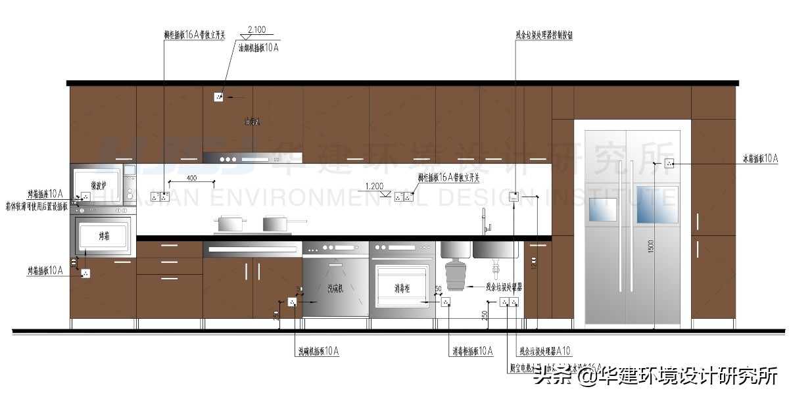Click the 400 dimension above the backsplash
click(x=191, y=178)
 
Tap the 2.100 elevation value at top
click(x=256, y=30)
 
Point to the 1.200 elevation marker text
click(x=374, y=186)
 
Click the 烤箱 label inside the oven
click(x=105, y=235)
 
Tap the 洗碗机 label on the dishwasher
click(x=336, y=288)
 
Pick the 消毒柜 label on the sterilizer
click(x=403, y=288)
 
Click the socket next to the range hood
click(x=219, y=97)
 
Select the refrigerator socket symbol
click(x=670, y=163)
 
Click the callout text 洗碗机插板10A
click(x=317, y=351)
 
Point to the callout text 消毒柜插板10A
click(x=472, y=351)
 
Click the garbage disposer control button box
click(x=515, y=196)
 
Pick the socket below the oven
click(x=85, y=273)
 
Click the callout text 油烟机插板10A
click(x=258, y=48)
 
